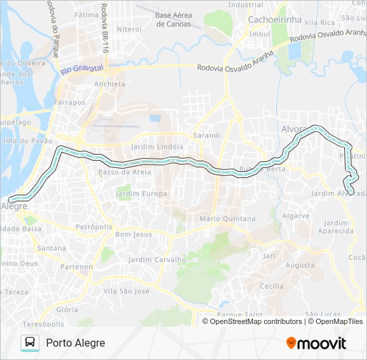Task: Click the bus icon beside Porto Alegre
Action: (x=29, y=343)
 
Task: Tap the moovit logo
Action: (x=316, y=343)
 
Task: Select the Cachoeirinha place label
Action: (x=274, y=19)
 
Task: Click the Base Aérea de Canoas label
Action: (x=173, y=19)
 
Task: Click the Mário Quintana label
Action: (x=228, y=218)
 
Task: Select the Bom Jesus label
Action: (x=134, y=234)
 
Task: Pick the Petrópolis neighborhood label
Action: (x=94, y=226)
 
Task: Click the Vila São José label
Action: (x=126, y=291)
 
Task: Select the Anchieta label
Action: (x=110, y=84)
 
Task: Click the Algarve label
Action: (x=296, y=215)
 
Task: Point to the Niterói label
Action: (x=129, y=29)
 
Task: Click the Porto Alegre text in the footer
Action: (x=75, y=343)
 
